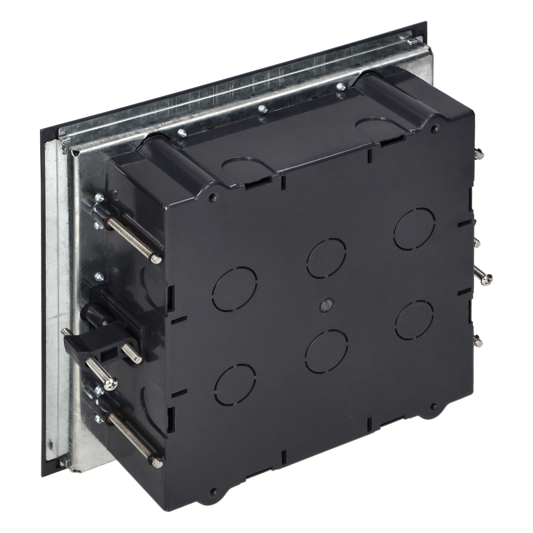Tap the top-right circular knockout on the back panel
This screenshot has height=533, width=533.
point(415,229)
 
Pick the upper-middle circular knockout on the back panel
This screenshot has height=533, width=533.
point(327,258)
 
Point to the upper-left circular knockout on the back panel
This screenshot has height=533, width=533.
point(235,287)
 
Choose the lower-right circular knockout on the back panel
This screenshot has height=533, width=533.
point(415,320)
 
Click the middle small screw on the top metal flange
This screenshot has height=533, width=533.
point(261,109)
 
